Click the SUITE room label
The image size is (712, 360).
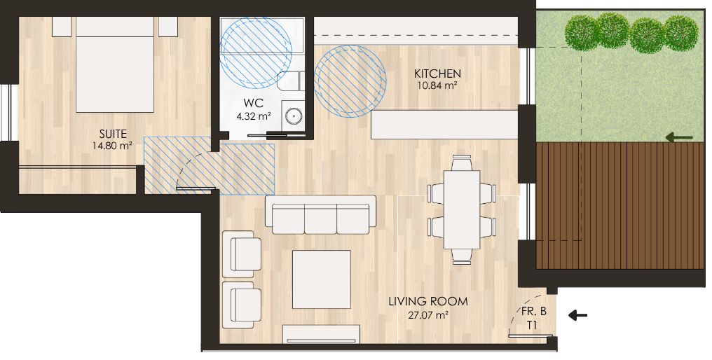pos(113,134)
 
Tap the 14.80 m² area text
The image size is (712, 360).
pos(113,146)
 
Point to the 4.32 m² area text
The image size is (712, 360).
pos(254,116)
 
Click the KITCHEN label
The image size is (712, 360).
pos(438,74)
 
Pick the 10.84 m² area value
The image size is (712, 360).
pos(437,85)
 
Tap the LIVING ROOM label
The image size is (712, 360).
pos(428,301)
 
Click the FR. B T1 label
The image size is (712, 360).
pos(533,319)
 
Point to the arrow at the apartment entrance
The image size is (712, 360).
pos(577,314)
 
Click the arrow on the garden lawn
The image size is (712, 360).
pos(679,137)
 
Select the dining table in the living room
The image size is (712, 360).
pos(462,209)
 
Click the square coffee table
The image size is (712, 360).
pos(322,279)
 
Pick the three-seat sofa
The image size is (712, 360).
pos(320,215)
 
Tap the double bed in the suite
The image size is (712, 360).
pos(115,64)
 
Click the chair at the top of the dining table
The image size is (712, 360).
pos(462,162)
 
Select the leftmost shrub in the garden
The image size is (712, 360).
pos(582,33)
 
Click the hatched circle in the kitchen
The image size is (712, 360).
pos(350,81)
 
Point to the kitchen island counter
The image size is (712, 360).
pos(444,125)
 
